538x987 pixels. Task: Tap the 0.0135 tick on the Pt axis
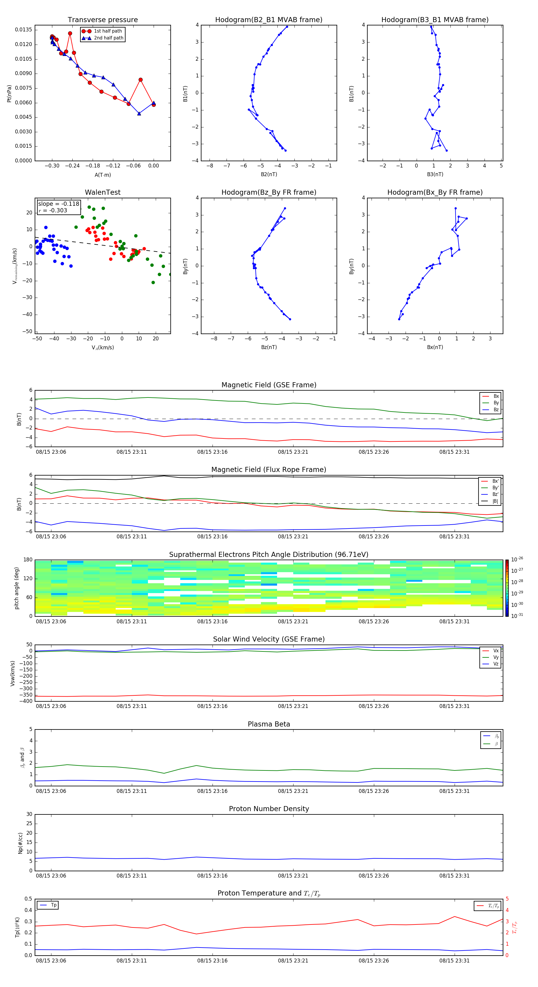click(23, 30)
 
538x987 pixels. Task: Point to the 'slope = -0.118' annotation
click(59, 204)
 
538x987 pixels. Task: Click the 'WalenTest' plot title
click(103, 192)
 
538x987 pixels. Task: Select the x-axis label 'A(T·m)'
click(103, 175)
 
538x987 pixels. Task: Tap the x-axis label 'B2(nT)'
click(269, 174)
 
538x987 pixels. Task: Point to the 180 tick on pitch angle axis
click(28, 560)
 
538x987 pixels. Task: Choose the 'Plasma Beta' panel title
click(268, 724)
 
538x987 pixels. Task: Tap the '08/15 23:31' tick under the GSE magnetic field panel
click(454, 452)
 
